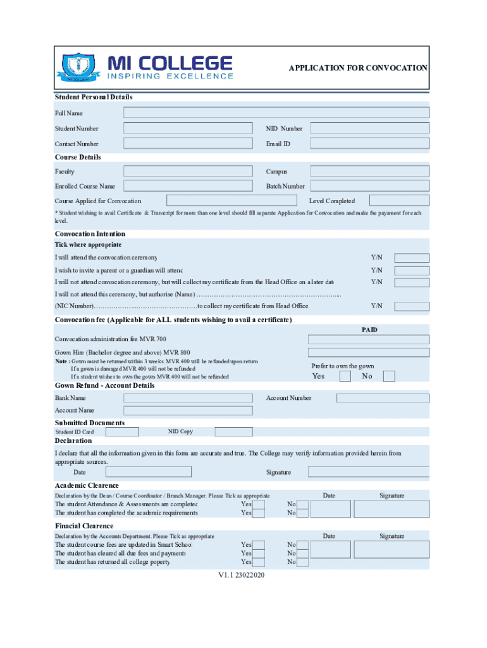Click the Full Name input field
pyautogui.click(x=276, y=113)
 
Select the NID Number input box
pyautogui.click(x=369, y=128)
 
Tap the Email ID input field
pyautogui.click(x=369, y=144)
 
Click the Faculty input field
pyautogui.click(x=187, y=171)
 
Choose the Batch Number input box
pyautogui.click(x=369, y=186)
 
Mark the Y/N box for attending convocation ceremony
pyautogui.click(x=412, y=258)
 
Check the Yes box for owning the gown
pyautogui.click(x=345, y=377)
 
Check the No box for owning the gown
pyautogui.click(x=389, y=377)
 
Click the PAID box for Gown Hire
pyautogui.click(x=368, y=352)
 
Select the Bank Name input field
pyautogui.click(x=187, y=398)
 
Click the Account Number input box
pyautogui.click(x=383, y=398)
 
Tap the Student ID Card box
pyautogui.click(x=122, y=432)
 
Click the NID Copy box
pyautogui.click(x=233, y=432)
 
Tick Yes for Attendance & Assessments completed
pyautogui.click(x=259, y=504)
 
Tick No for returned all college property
pyautogui.click(x=303, y=562)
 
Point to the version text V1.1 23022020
pyautogui.click(x=242, y=575)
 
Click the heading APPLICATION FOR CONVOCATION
pyautogui.click(x=358, y=68)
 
